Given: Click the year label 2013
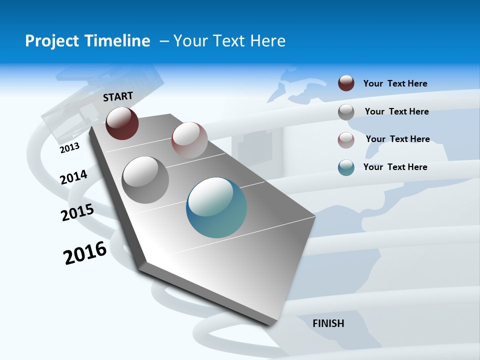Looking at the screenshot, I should tap(69, 148).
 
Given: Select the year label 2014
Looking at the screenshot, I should tap(73, 177).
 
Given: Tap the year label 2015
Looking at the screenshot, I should tap(77, 212).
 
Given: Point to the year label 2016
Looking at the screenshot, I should tap(85, 252).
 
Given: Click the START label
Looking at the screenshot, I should tap(118, 96).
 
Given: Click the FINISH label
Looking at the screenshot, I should tap(328, 323).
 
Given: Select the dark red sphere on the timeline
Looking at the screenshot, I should tap(122, 123).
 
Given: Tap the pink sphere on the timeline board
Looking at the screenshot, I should tap(189, 140).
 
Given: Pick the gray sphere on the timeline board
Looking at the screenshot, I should tap(145, 180).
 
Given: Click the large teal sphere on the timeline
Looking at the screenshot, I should tap(216, 207).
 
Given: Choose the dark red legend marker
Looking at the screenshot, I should tap(346, 83).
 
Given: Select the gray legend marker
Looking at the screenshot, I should tap(346, 111).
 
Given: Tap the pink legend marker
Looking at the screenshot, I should tap(346, 139).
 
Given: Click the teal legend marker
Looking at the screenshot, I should tap(346, 167).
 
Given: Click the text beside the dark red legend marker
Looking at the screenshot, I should tap(395, 83).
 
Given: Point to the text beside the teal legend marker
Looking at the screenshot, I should tap(395, 167).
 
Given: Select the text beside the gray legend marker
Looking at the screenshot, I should tap(396, 111).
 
